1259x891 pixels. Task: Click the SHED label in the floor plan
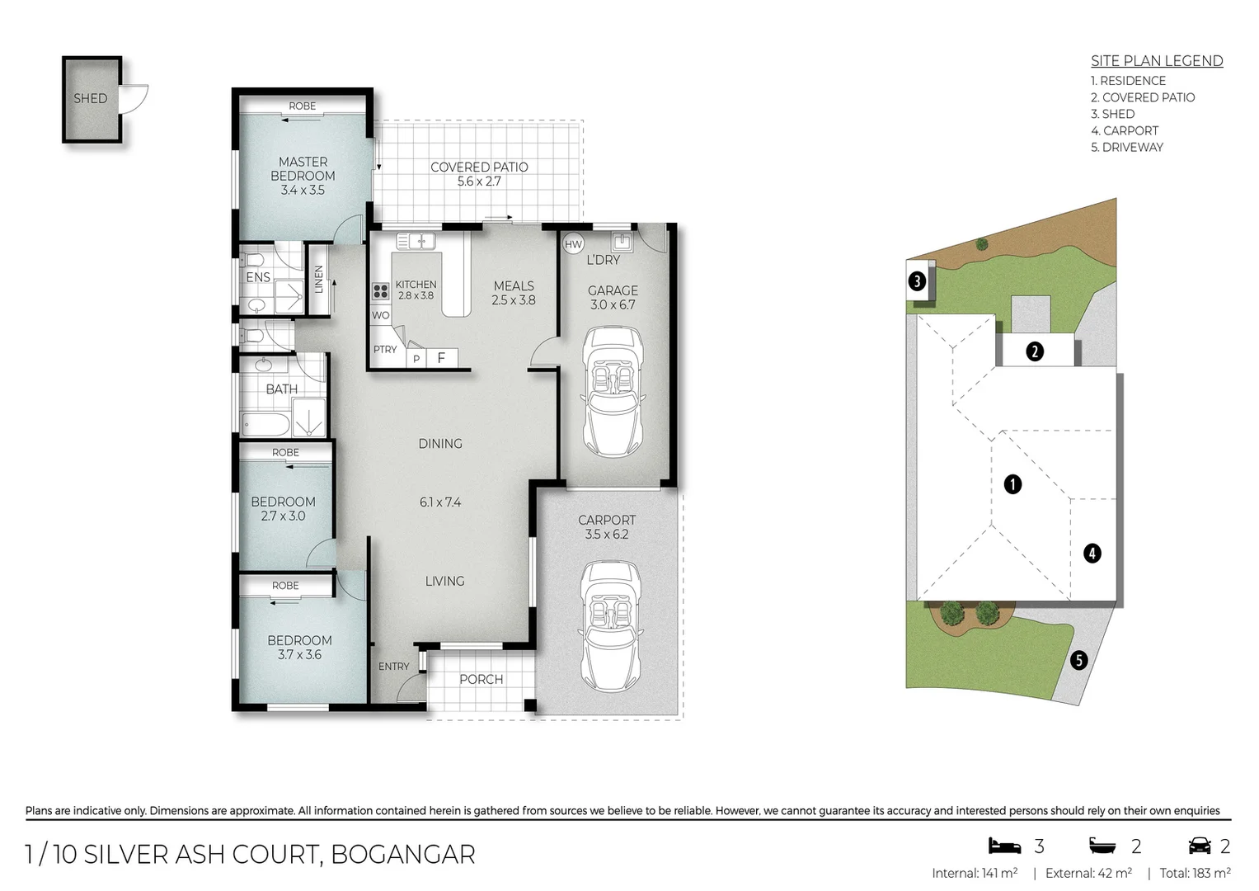(91, 98)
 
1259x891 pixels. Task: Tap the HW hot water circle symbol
(573, 244)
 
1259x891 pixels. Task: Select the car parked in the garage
(613, 391)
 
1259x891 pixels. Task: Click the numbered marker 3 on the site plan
(917, 281)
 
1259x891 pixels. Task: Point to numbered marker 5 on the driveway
(1078, 660)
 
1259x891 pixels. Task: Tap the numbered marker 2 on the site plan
(1035, 351)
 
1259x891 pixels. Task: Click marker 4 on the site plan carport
(1092, 553)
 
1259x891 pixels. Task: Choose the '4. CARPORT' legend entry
(1124, 130)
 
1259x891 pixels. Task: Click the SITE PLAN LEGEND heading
(1156, 61)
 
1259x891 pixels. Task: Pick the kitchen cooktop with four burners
(381, 291)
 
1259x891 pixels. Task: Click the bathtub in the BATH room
(265, 426)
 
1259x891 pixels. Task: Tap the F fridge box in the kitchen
(442, 358)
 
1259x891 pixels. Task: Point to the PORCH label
(481, 679)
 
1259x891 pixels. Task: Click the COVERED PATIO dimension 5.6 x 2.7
(479, 181)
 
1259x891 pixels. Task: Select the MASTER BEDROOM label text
(303, 169)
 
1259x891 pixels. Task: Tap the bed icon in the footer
(1004, 846)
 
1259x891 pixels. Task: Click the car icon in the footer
(1199, 846)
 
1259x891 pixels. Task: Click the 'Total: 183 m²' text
(1195, 873)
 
